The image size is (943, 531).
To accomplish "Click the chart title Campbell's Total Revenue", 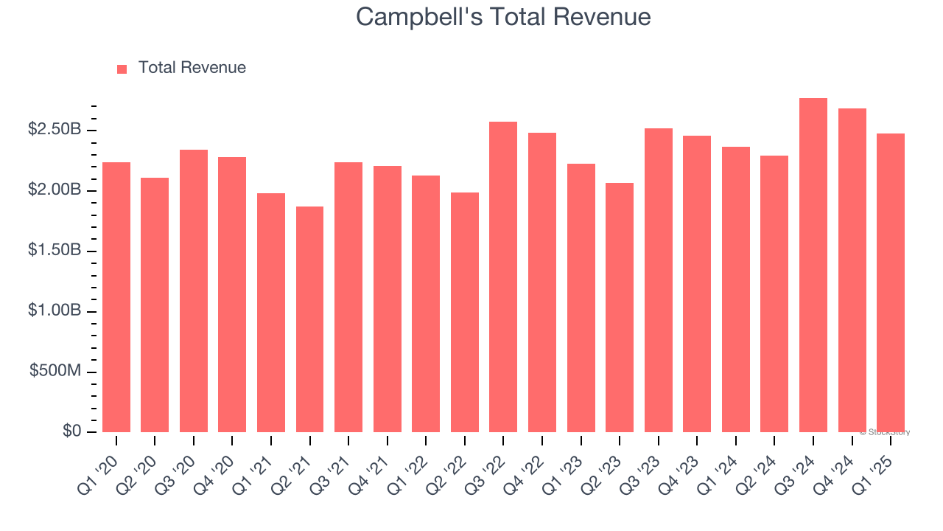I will tap(503, 16).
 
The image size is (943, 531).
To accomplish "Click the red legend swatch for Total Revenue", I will tap(122, 69).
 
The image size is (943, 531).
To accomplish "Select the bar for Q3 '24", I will tap(813, 265).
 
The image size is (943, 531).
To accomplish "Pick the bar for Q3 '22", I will tap(503, 277).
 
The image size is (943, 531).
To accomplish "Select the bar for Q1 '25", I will tap(891, 283).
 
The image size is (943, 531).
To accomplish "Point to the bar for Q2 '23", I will tap(620, 308).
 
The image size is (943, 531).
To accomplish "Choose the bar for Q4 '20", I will tap(232, 295).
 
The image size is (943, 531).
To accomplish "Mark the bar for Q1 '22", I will tap(426, 304).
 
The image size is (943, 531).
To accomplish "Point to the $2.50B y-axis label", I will tap(55, 130).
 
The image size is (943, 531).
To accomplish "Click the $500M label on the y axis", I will tap(55, 371).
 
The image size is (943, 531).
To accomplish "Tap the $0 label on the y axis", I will tap(71, 431).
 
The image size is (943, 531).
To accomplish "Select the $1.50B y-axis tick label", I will tap(55, 250).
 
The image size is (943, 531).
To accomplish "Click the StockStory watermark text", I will tap(885, 432).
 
